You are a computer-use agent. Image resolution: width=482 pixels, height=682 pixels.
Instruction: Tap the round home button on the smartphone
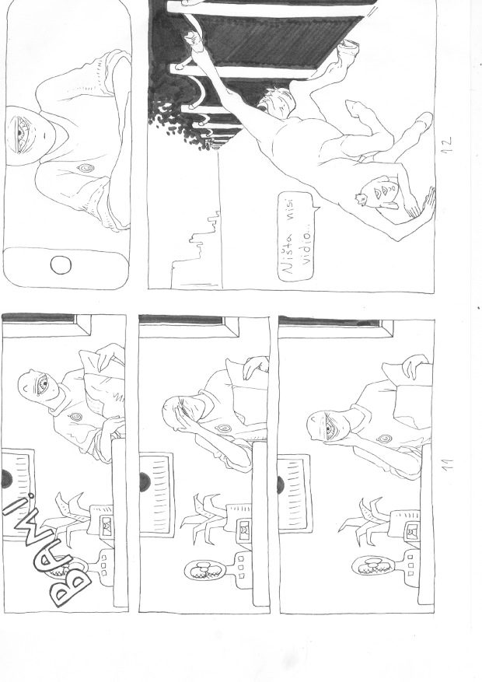(x=61, y=265)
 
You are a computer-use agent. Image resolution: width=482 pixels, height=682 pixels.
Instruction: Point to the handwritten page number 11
(x=446, y=463)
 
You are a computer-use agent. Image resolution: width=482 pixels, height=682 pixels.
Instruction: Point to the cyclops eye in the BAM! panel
(x=42, y=383)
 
